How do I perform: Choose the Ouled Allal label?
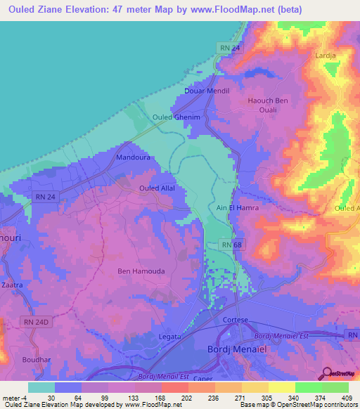click(157, 188)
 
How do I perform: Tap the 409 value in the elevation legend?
click(347, 398)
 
